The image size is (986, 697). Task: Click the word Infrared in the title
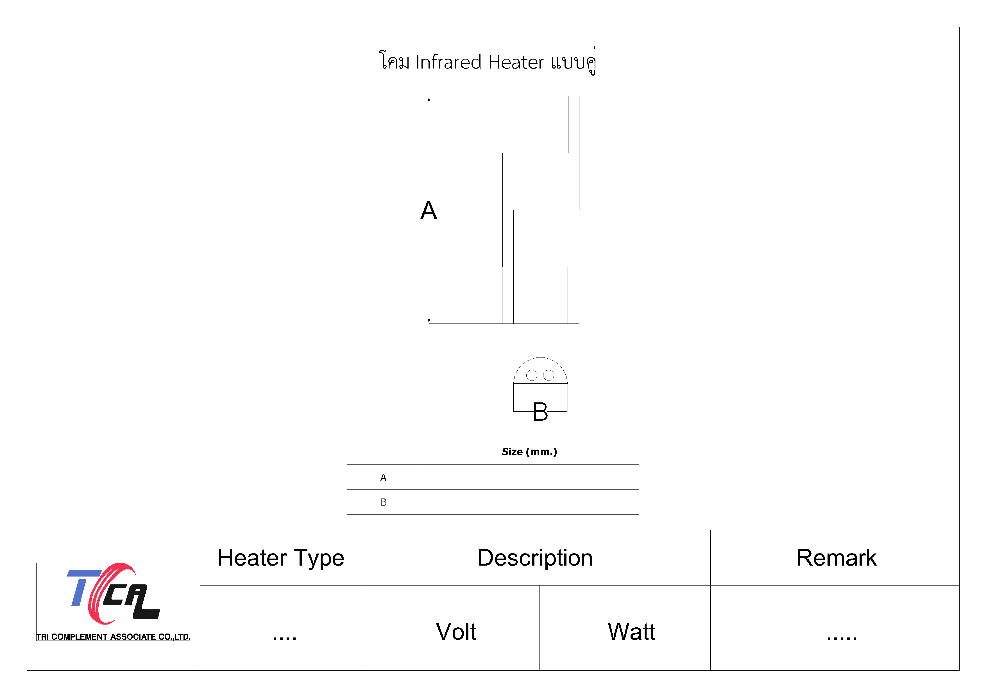(449, 63)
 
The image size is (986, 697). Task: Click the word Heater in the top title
(516, 63)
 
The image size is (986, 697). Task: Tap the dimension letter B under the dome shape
(540, 412)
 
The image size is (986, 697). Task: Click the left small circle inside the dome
(532, 375)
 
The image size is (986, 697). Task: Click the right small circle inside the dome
(549, 375)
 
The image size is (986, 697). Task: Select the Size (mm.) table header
(529, 452)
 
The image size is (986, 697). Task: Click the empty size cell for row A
(529, 477)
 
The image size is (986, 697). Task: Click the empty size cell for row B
(529, 502)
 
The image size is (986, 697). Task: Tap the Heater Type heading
(281, 558)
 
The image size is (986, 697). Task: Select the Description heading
(535, 558)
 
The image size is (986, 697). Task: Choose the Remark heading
(837, 558)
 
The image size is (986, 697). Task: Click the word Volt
(456, 632)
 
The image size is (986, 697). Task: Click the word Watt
(631, 632)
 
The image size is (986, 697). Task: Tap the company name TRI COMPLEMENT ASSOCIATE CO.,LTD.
(113, 637)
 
